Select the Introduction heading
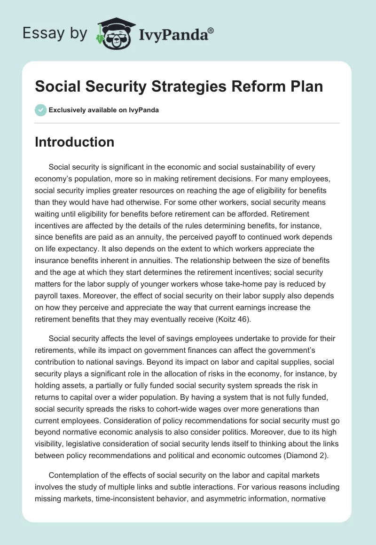click(74, 142)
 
